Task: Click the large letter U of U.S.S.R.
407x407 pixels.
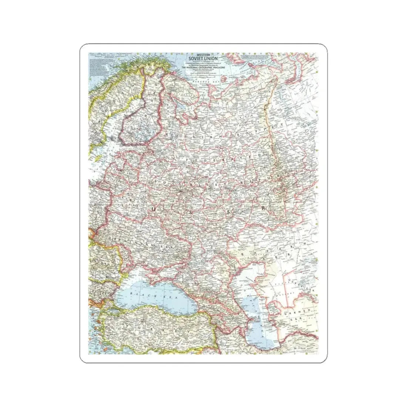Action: [152, 210]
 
